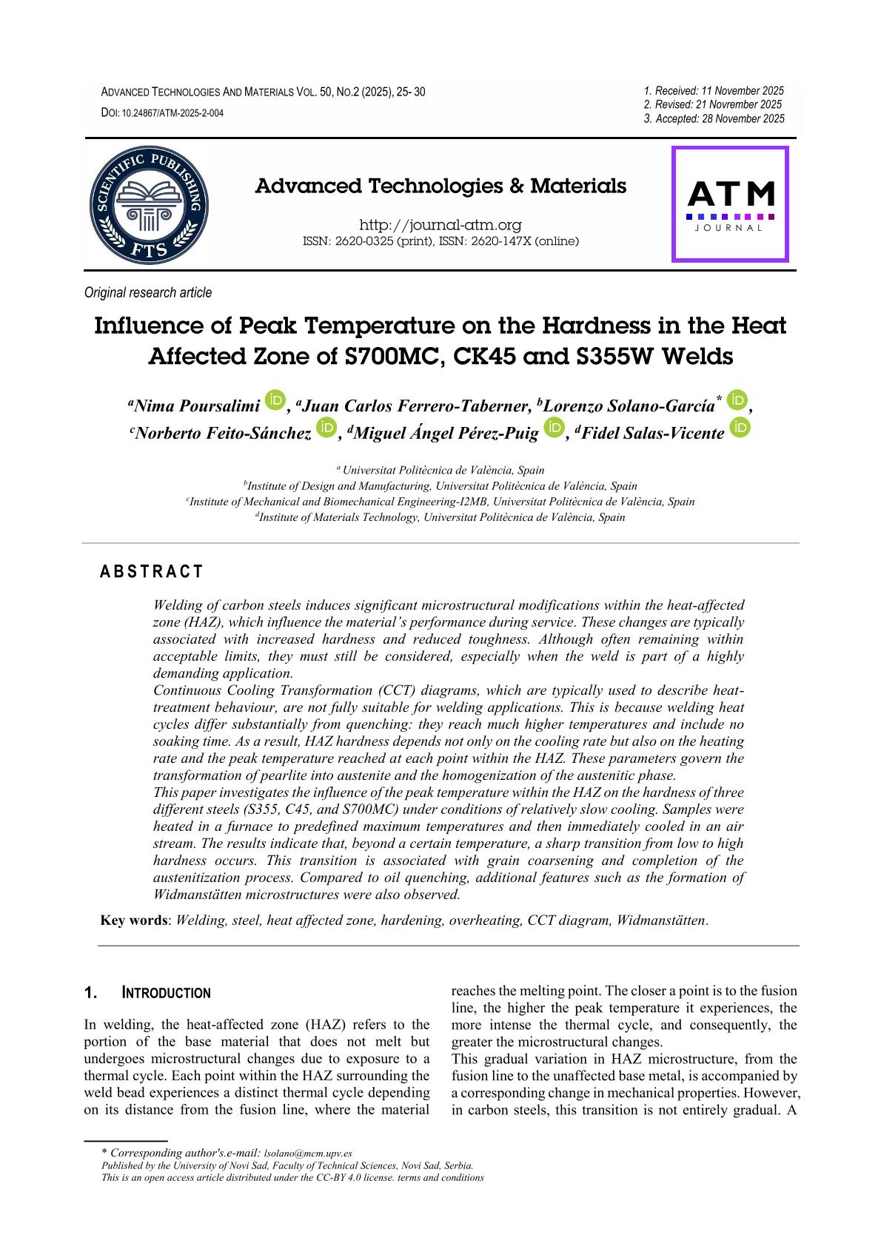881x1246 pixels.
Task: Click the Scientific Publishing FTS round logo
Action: [x=149, y=204]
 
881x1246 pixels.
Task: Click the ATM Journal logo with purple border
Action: [x=730, y=204]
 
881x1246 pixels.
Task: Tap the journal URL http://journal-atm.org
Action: [x=440, y=225]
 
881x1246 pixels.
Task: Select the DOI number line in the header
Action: [x=162, y=113]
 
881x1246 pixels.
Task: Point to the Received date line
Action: [x=714, y=91]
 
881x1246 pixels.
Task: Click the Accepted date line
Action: [x=714, y=118]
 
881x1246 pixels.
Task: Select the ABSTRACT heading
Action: [x=151, y=571]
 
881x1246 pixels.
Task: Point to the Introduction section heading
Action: [x=166, y=993]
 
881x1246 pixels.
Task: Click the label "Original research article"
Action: [x=148, y=293]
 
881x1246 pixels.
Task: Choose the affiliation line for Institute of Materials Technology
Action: [x=440, y=518]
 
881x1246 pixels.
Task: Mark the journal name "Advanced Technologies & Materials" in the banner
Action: [x=440, y=186]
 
